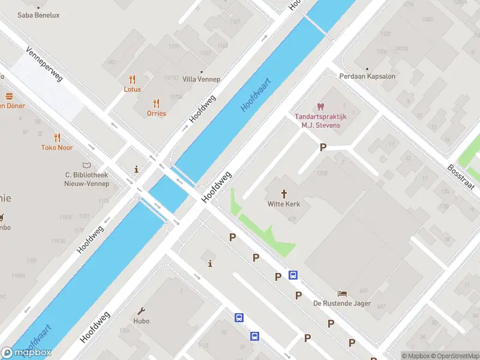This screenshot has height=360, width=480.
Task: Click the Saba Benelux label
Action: coord(38,15)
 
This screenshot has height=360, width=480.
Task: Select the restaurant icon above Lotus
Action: coord(132,79)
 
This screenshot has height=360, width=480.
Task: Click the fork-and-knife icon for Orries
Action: coord(156,103)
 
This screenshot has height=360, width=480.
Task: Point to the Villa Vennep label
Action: coord(201,79)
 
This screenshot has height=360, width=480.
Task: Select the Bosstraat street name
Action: coord(461,176)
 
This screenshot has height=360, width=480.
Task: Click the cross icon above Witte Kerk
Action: coord(284,194)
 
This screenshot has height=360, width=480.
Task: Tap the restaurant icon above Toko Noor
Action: coord(57,137)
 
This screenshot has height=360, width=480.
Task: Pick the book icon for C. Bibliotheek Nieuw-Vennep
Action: coord(87,165)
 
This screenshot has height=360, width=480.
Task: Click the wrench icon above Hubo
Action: coord(142,311)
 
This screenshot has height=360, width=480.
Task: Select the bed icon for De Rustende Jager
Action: coord(342,293)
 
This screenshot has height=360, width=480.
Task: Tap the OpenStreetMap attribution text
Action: coord(454,356)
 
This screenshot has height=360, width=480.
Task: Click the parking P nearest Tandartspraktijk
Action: coord(323,148)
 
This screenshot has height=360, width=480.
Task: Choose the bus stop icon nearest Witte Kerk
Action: coord(293,275)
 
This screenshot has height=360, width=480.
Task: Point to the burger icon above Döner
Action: coord(9,96)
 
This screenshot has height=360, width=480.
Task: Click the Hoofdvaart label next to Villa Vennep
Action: coord(256,95)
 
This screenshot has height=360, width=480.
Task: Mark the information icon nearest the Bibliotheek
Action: coord(137,169)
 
